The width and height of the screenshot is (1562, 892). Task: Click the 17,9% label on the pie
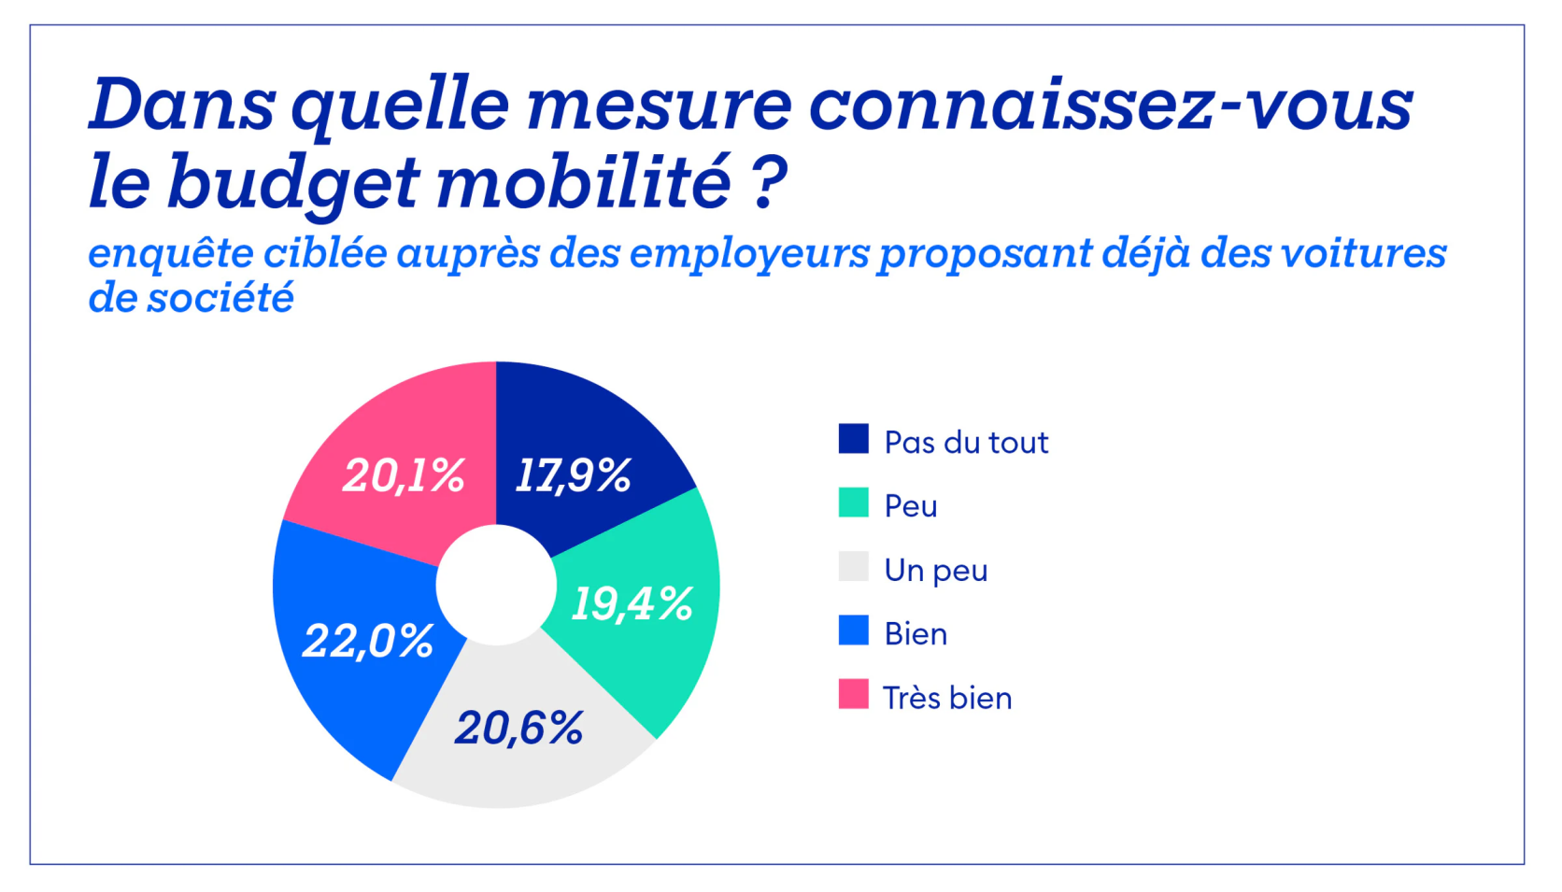pos(574,475)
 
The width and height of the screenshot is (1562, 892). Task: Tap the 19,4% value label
pos(632,603)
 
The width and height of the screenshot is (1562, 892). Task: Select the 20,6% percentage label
pos(519,728)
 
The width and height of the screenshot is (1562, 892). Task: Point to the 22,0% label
pos(368,641)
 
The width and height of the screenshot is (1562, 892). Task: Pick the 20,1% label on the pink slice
pos(404,475)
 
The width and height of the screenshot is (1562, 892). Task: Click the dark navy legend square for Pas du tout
pos(853,439)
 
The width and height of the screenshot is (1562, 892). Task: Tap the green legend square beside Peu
pos(853,503)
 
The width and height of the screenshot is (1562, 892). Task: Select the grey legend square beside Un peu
pos(853,567)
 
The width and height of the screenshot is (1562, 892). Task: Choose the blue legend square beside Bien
pos(853,630)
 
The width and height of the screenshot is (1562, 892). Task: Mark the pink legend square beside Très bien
pos(853,694)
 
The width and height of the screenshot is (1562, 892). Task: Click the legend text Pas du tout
pos(966,442)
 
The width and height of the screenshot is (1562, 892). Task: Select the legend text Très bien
pos(947,698)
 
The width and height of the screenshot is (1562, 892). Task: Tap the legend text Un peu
pos(936,570)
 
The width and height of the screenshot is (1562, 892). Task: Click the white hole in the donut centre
pos(496,585)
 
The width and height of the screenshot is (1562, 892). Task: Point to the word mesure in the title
pos(660,104)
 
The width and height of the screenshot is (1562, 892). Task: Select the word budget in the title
pos(291,183)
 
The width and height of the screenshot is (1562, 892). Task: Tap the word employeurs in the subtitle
pos(749,254)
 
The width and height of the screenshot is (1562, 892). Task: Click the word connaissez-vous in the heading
pos(1110,104)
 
